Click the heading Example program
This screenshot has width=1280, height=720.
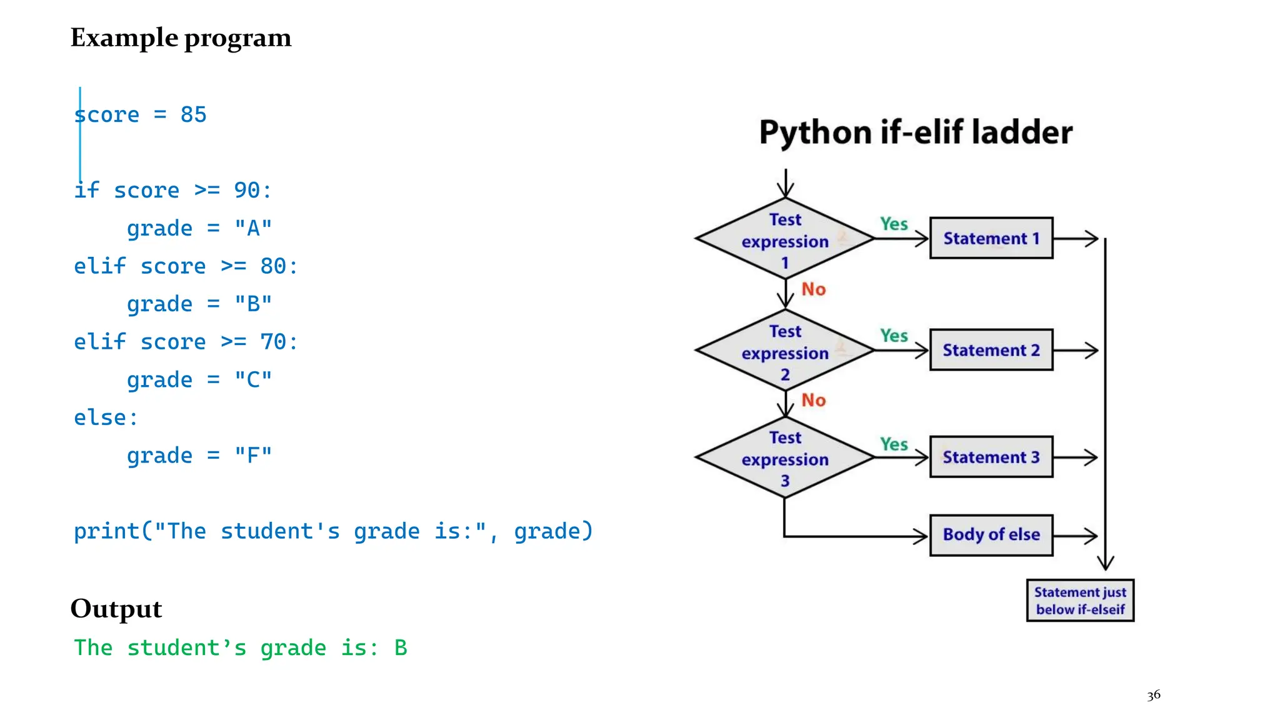[x=181, y=38]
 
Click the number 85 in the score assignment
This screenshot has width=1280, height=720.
[x=193, y=115]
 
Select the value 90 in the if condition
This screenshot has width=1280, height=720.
[x=246, y=191]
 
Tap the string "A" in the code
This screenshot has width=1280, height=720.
[x=253, y=229]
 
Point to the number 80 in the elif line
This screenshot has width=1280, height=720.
[x=273, y=266]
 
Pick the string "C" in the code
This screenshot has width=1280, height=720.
[x=253, y=380]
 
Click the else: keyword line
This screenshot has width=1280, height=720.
[x=105, y=417]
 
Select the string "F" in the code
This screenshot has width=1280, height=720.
[x=253, y=456]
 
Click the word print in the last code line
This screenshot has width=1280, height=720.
[x=106, y=531]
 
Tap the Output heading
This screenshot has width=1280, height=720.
[x=116, y=609]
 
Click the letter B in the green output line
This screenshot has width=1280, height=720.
[x=401, y=648]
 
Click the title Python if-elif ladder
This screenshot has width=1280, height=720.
[x=916, y=132]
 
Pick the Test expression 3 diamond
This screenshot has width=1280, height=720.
[x=785, y=458]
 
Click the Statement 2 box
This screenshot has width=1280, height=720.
[x=991, y=350]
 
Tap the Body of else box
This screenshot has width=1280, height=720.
[x=991, y=535]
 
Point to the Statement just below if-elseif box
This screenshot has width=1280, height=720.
[x=1080, y=601]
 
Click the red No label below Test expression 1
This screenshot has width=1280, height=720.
[x=814, y=289]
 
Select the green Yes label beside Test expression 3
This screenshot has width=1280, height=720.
[x=894, y=444]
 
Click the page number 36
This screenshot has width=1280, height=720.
[x=1154, y=695]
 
